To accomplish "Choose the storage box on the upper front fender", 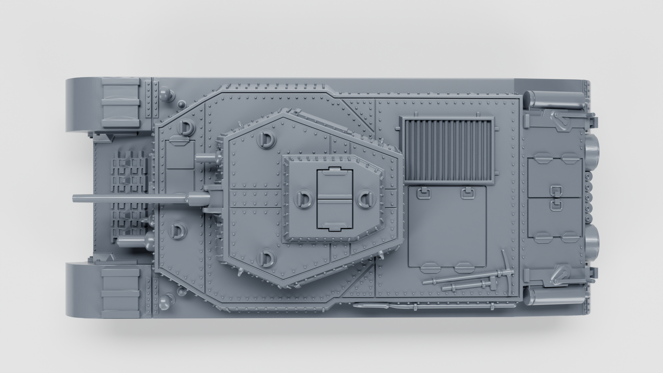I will click(121, 103).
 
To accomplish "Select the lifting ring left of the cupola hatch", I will click(304, 199).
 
